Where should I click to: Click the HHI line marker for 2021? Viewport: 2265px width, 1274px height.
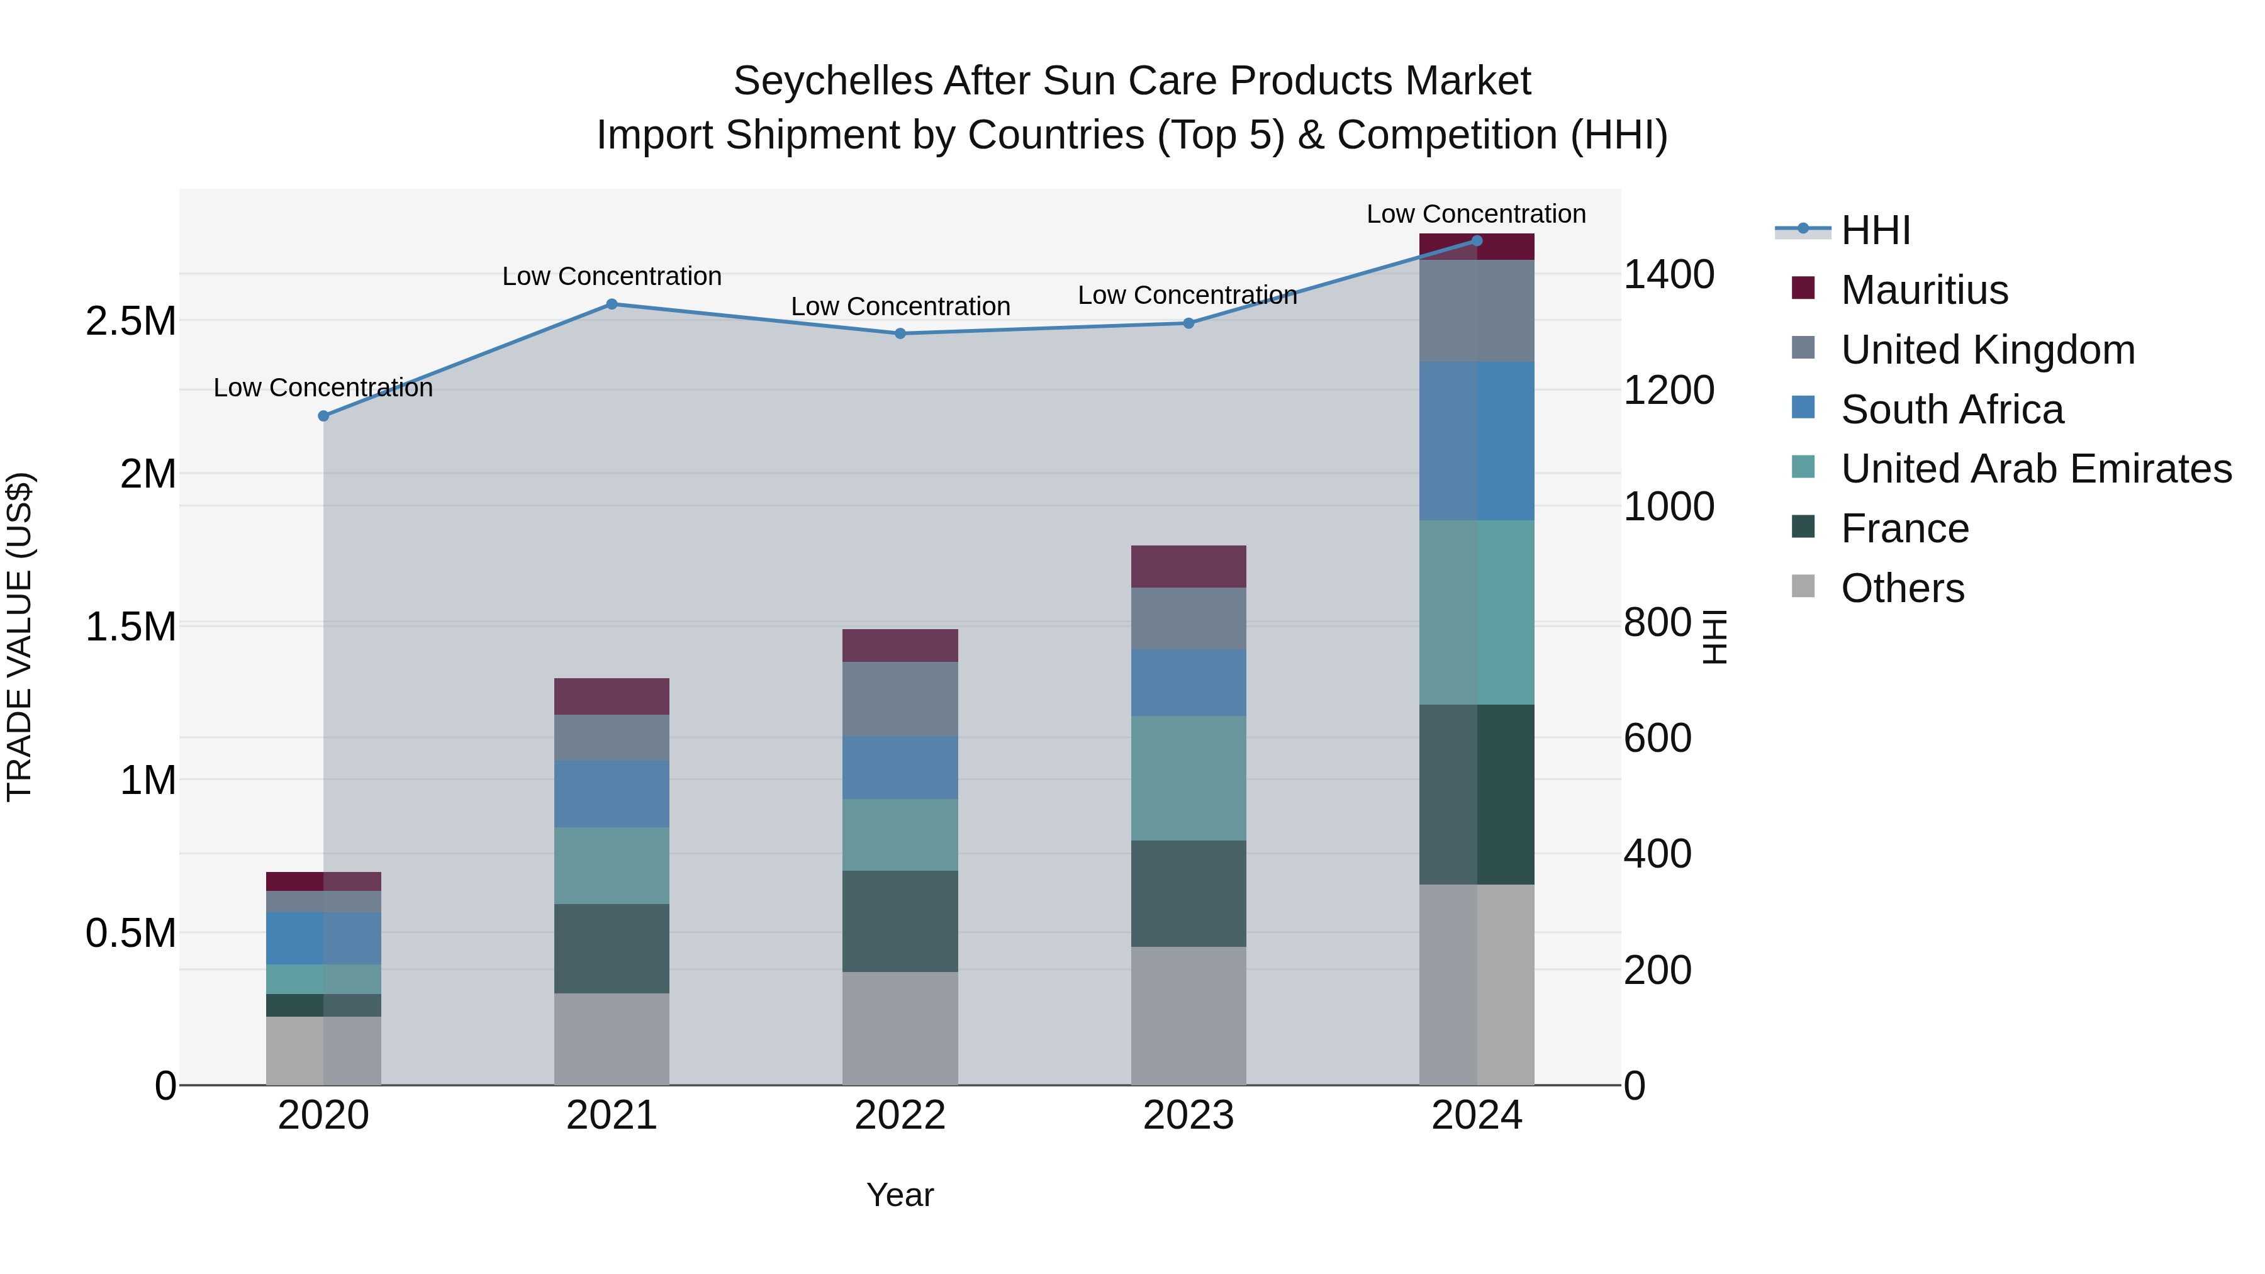612,305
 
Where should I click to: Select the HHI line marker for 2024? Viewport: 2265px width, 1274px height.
1476,241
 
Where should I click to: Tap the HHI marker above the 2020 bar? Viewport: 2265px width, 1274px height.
323,416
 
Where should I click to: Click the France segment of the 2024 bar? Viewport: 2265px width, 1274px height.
1476,794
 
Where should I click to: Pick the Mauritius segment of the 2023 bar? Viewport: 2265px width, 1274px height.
1188,566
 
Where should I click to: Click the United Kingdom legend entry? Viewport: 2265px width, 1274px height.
1986,350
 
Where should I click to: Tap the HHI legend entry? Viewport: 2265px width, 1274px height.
1875,230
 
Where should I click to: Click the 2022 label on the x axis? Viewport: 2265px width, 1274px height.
900,1115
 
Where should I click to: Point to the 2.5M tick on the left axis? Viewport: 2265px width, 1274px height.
130,321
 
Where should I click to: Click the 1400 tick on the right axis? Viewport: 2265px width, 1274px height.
1668,274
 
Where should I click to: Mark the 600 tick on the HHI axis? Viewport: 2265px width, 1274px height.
1657,738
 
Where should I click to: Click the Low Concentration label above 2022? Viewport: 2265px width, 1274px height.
900,307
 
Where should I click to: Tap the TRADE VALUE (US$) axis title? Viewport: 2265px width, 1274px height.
20,637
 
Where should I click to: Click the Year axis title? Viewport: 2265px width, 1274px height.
900,1195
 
